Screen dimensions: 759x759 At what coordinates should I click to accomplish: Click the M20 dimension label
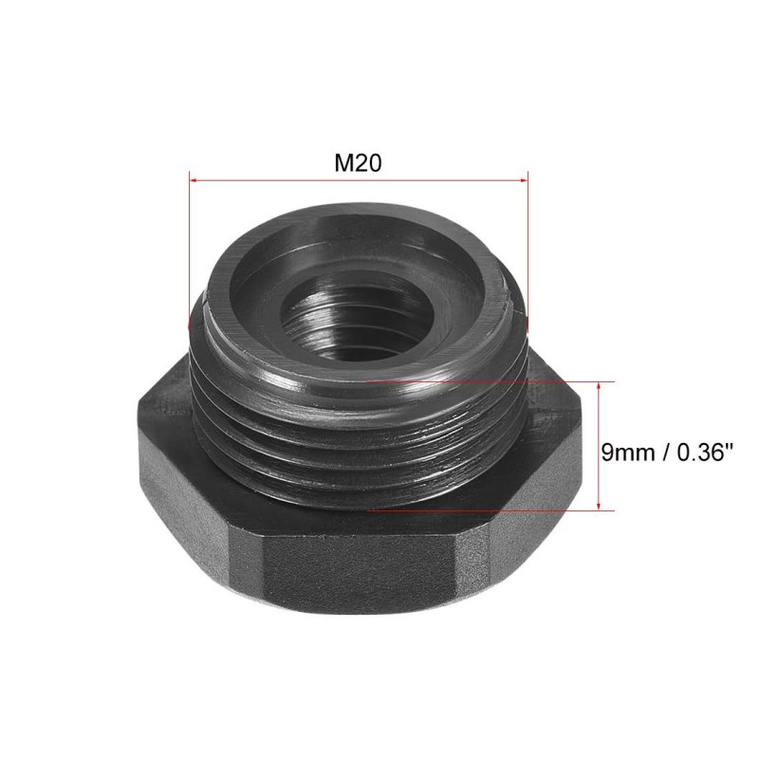[x=358, y=162]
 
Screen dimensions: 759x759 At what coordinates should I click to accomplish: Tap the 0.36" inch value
[x=702, y=453]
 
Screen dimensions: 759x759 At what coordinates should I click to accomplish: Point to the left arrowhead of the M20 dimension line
[x=193, y=180]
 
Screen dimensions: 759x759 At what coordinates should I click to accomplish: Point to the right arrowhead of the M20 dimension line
[x=524, y=180]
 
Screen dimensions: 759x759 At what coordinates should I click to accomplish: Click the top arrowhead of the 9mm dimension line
[x=600, y=385]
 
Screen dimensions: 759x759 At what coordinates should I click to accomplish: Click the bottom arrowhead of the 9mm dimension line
[x=600, y=506]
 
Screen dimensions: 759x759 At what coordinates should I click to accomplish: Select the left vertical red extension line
[x=189, y=250]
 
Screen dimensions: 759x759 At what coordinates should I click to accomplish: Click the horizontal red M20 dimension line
[x=359, y=180]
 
